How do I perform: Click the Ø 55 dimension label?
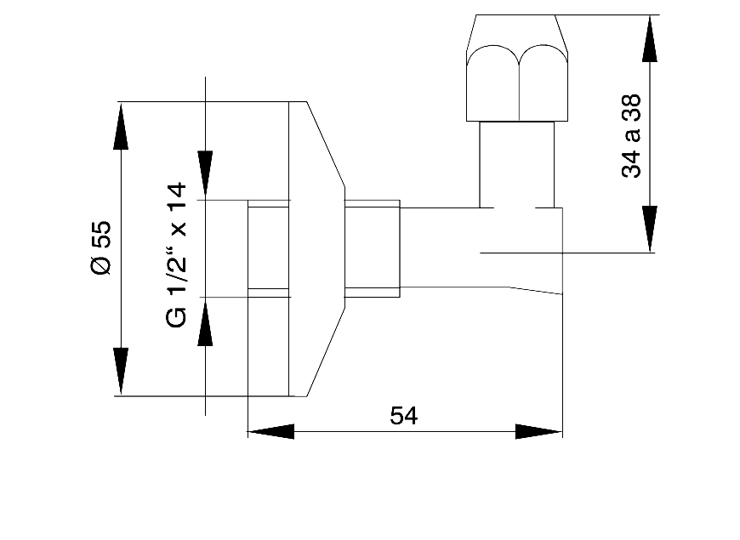pyautogui.click(x=100, y=247)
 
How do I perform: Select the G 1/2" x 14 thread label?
pyautogui.click(x=176, y=254)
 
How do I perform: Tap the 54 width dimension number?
pyautogui.click(x=404, y=416)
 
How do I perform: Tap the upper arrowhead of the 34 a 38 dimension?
pyautogui.click(x=650, y=38)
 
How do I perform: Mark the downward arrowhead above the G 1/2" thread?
pyautogui.click(x=205, y=175)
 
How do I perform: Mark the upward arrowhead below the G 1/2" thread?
pyautogui.click(x=205, y=322)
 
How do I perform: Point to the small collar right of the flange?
pyautogui.click(x=372, y=248)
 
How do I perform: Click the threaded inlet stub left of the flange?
pyautogui.click(x=268, y=248)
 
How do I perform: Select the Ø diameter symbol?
pyautogui.click(x=100, y=266)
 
